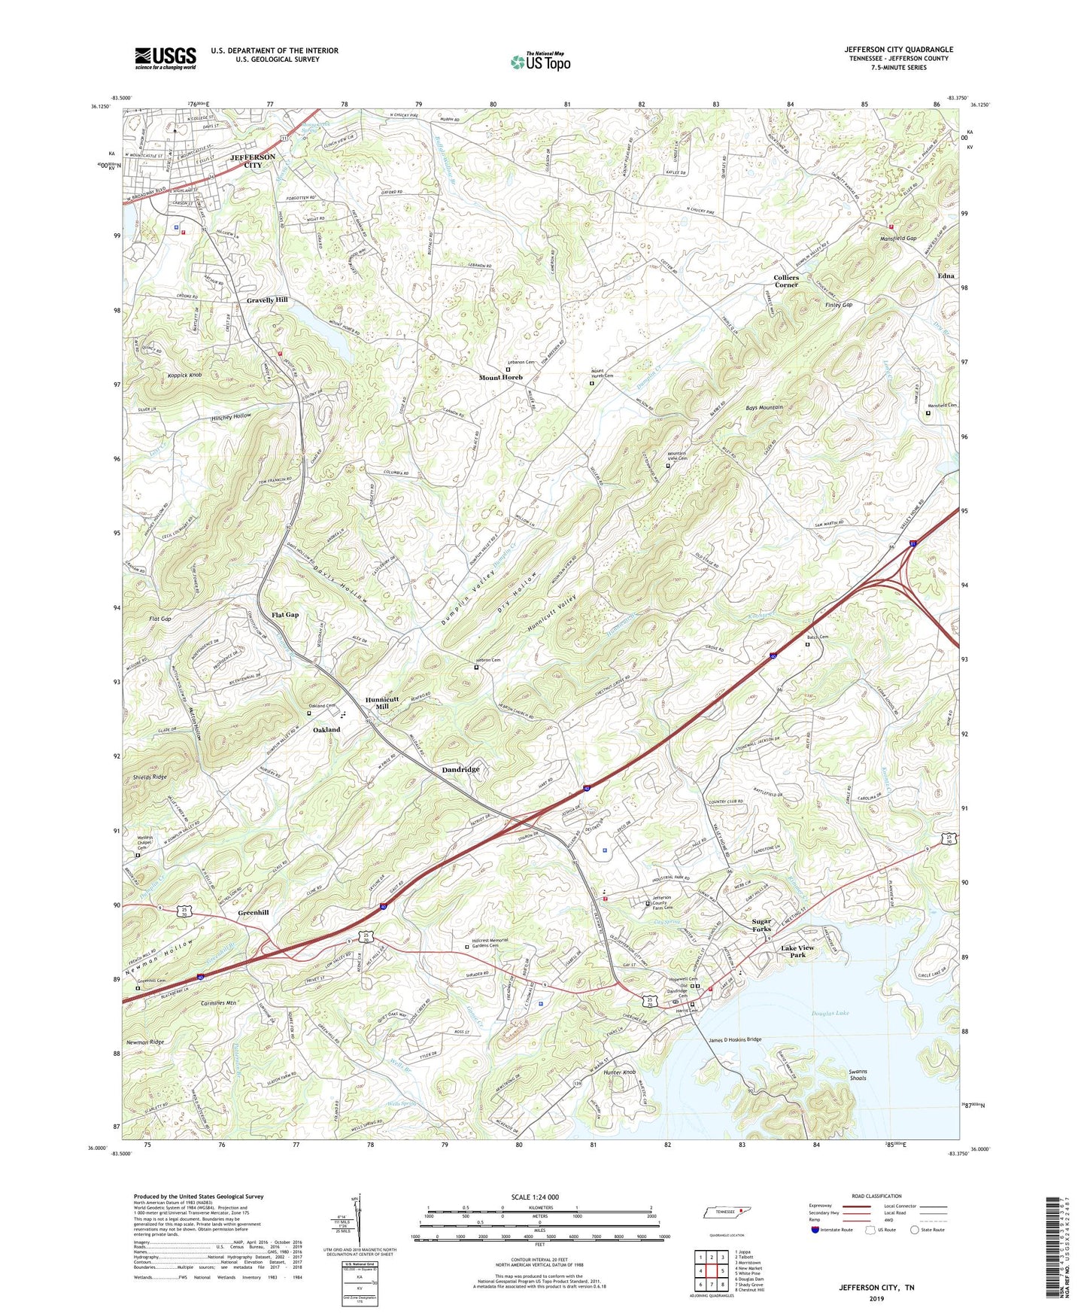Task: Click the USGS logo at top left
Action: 165,57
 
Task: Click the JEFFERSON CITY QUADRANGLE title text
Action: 898,50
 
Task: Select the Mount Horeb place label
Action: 501,378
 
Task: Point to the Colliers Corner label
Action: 786,281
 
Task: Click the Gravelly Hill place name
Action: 267,300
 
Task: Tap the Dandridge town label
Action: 460,770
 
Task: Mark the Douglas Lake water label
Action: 830,1014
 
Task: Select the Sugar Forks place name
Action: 761,925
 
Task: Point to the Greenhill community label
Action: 253,912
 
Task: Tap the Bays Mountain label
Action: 764,407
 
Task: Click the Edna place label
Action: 946,276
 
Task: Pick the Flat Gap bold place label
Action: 285,615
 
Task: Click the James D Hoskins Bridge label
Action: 735,1040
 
